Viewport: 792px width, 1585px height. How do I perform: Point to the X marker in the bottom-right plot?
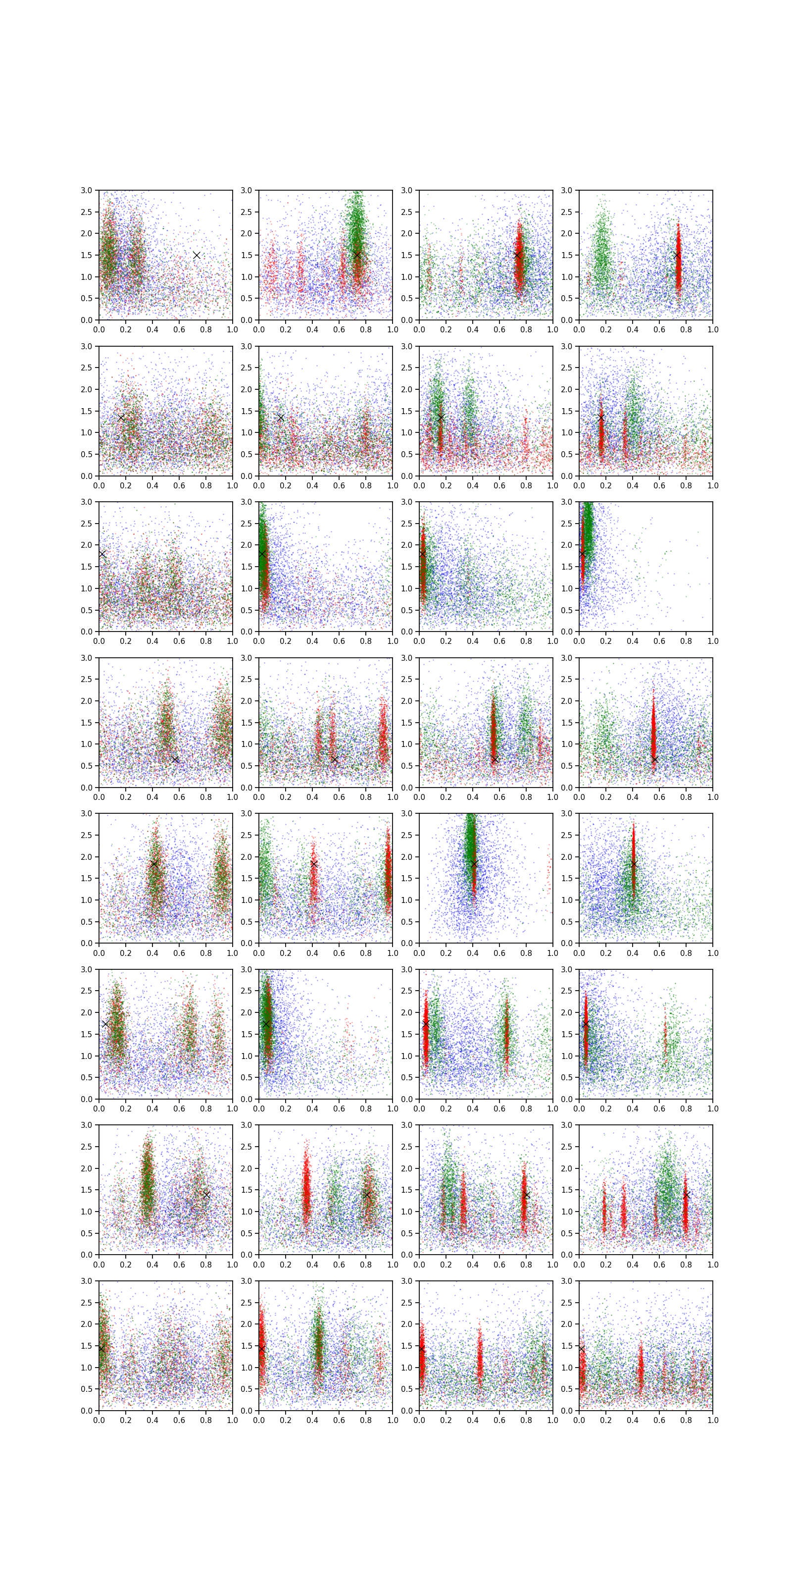click(582, 1348)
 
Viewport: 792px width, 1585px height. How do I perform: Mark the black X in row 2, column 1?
click(121, 418)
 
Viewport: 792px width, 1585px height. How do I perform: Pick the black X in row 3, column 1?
click(102, 554)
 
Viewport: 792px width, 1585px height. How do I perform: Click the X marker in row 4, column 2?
click(335, 760)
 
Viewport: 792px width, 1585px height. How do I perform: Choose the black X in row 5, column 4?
click(634, 864)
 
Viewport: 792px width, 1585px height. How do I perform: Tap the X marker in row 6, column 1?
click(106, 1024)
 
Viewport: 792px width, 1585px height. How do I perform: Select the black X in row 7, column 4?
click(686, 1194)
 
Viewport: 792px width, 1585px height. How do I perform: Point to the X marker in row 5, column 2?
click(314, 864)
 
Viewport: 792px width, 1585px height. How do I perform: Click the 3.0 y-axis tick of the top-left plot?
click(87, 190)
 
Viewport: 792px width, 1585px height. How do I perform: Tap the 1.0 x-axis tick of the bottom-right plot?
click(713, 1420)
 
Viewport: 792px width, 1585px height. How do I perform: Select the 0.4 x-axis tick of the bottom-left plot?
click(152, 1420)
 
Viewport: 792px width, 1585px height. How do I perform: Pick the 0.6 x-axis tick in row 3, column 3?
click(499, 641)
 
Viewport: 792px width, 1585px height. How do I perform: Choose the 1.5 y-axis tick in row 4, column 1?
click(87, 722)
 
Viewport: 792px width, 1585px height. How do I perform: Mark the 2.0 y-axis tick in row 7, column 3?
click(407, 1168)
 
